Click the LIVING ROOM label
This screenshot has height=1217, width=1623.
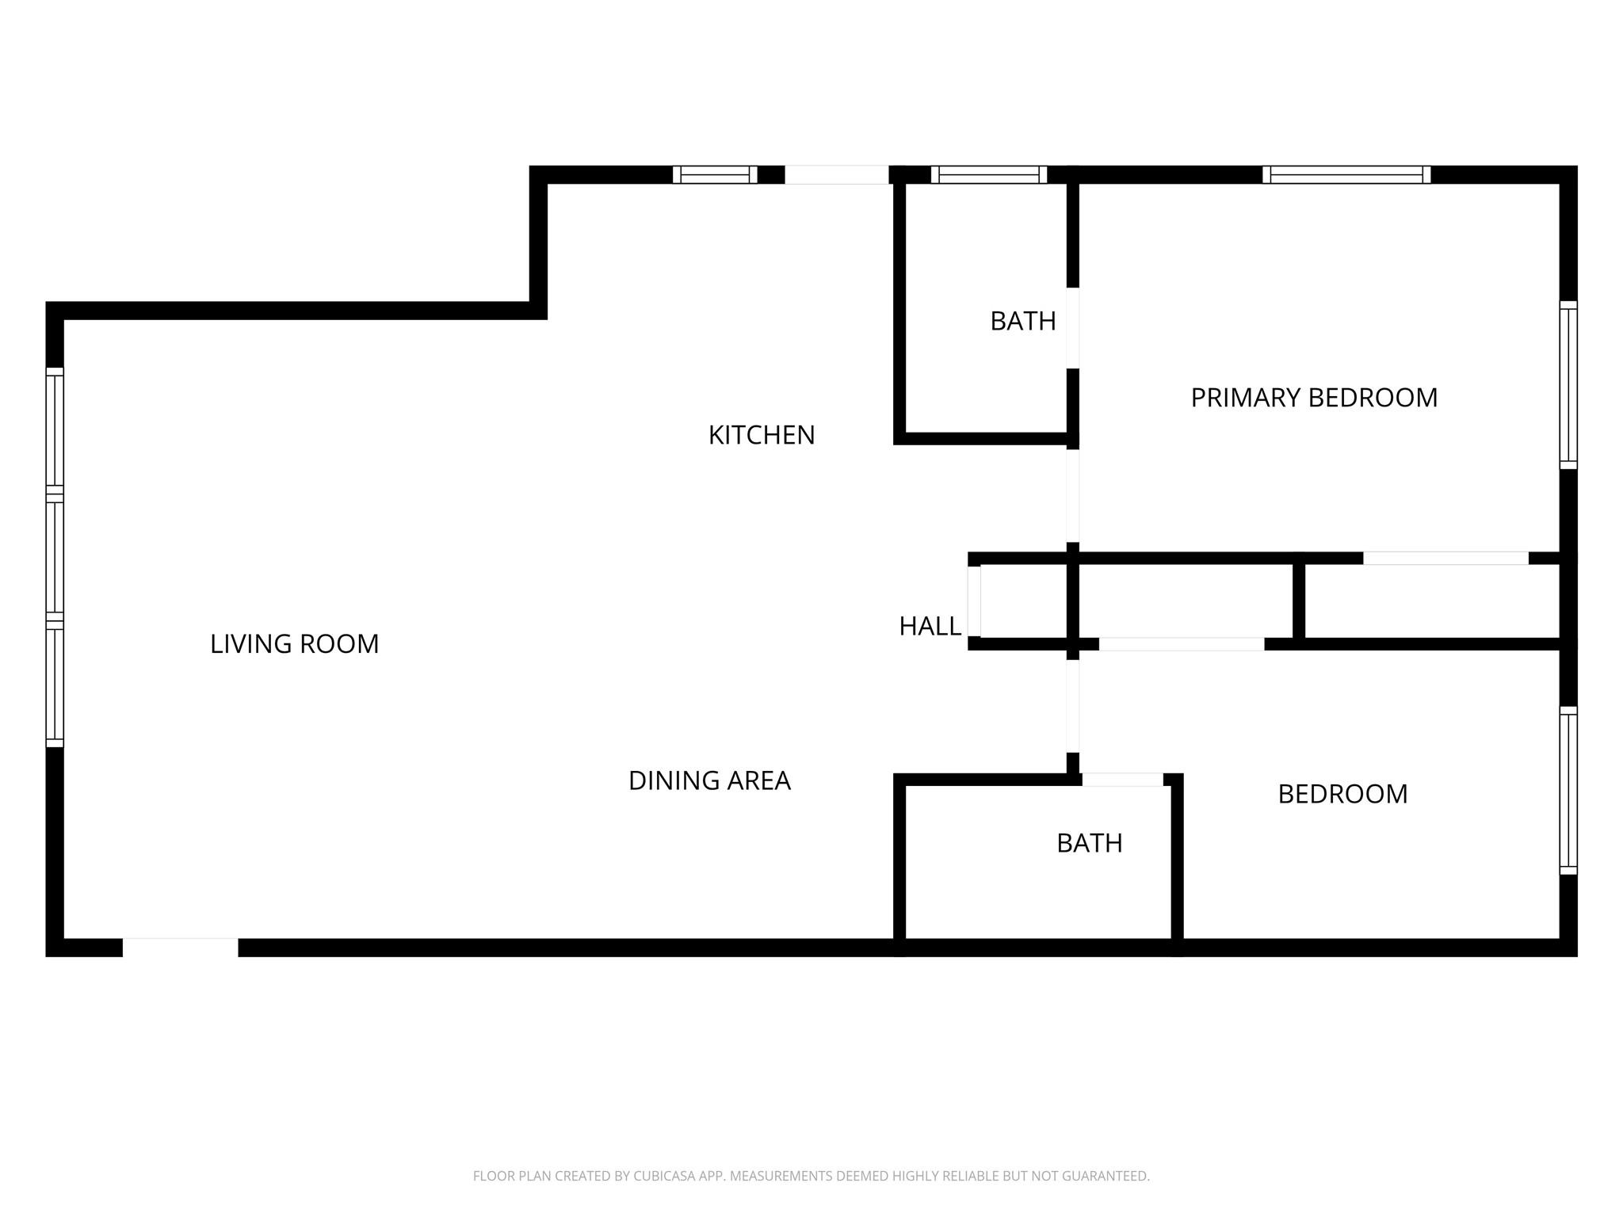click(294, 644)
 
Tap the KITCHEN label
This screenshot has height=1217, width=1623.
click(761, 435)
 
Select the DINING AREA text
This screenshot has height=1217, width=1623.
click(709, 781)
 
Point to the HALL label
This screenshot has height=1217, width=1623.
click(930, 627)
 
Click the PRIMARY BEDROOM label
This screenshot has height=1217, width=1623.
click(1314, 398)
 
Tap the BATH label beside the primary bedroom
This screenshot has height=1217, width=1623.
click(1022, 321)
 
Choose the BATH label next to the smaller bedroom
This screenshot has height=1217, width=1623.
click(1089, 843)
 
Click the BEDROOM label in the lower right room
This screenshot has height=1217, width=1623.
click(1342, 794)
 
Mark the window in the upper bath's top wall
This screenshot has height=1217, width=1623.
click(988, 174)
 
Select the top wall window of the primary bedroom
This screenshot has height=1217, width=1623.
click(1346, 174)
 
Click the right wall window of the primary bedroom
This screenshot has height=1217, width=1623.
click(1568, 385)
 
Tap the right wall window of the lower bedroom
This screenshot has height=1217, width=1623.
click(1568, 791)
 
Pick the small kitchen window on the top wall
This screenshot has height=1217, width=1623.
click(715, 174)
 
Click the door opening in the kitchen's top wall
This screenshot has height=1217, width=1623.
click(836, 174)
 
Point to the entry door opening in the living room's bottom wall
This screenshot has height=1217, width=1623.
click(180, 948)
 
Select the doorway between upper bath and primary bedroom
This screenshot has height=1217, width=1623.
click(1072, 328)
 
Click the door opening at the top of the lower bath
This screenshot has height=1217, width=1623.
click(1122, 780)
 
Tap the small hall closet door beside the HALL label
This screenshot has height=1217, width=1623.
click(974, 601)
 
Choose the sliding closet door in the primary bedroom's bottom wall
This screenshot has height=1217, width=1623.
click(1445, 558)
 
